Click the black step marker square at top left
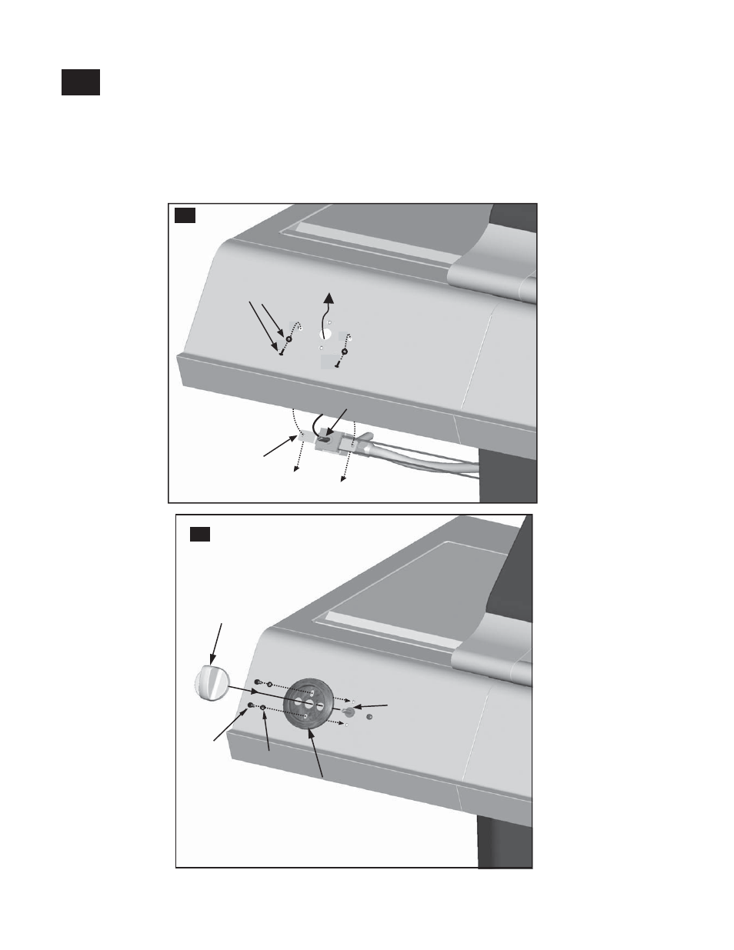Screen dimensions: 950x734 [81, 83]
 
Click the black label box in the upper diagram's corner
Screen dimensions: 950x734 [185, 215]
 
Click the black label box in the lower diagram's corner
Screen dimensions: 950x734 [200, 534]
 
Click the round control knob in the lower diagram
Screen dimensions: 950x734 [209, 683]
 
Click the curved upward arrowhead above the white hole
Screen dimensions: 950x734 [329, 298]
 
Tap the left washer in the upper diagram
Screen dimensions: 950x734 [289, 338]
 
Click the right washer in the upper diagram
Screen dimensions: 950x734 [344, 352]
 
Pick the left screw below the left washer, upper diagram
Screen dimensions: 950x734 [282, 353]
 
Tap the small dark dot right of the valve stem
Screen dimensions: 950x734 [369, 717]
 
